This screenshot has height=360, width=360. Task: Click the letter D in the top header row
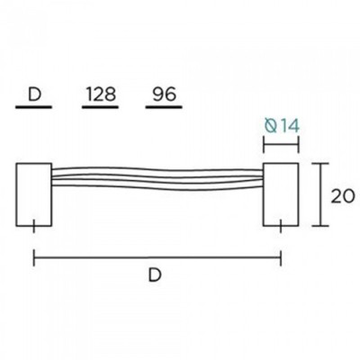pos(33,94)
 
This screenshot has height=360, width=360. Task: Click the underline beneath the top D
pos(33,108)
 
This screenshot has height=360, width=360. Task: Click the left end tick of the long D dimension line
pos(34,258)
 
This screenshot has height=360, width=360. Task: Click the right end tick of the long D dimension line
pos(280,258)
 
